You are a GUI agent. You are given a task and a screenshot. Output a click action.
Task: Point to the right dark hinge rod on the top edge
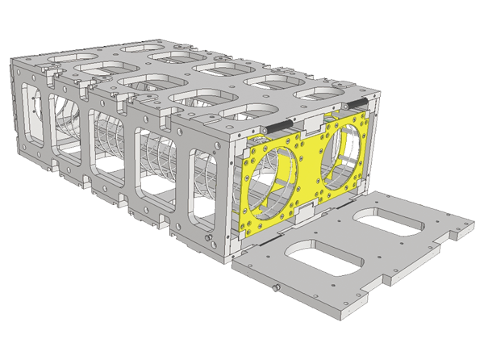(357, 103)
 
